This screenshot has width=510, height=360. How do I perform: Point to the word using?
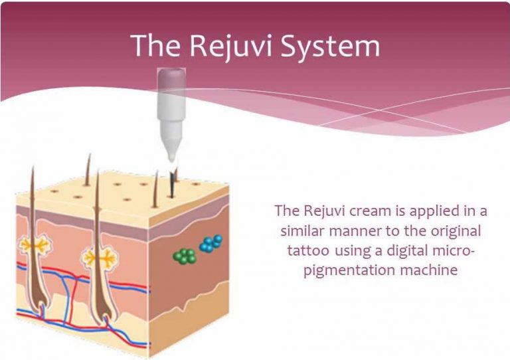(357, 251)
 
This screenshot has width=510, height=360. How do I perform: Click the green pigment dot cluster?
(184, 256)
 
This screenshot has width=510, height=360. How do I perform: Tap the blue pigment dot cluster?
(211, 243)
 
